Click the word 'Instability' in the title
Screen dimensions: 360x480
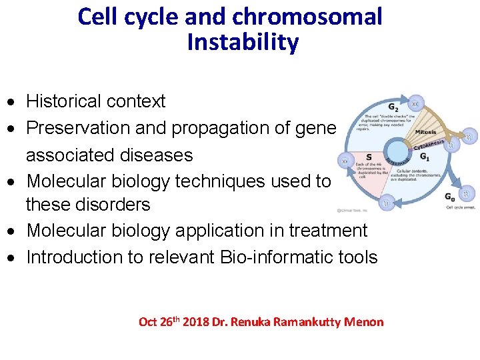pyautogui.click(x=243, y=43)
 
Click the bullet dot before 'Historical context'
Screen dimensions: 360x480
pyautogui.click(x=13, y=103)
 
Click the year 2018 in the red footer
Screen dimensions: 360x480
pyautogui.click(x=195, y=323)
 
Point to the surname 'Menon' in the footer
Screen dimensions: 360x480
pyautogui.click(x=366, y=323)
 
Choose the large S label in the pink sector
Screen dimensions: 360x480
pyautogui.click(x=369, y=157)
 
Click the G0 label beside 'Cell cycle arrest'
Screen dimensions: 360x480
pyautogui.click(x=450, y=196)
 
